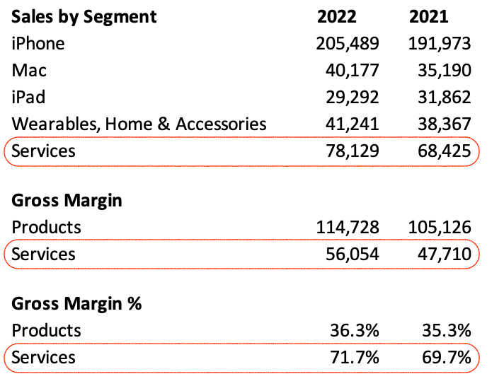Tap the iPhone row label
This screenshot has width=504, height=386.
(x=38, y=44)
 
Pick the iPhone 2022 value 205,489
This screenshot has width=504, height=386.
(x=347, y=44)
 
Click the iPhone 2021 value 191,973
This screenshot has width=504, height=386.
(x=439, y=44)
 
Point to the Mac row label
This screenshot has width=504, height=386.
(x=29, y=71)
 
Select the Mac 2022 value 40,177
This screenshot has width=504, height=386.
(x=352, y=71)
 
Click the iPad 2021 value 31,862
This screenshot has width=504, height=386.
(x=444, y=98)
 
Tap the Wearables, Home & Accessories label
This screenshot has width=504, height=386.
(x=139, y=124)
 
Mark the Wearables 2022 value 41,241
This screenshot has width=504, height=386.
(x=352, y=124)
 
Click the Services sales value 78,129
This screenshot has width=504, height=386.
(x=352, y=151)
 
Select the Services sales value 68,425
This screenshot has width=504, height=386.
(x=444, y=151)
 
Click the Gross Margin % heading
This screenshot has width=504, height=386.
(x=76, y=304)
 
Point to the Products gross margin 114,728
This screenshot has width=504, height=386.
(x=347, y=228)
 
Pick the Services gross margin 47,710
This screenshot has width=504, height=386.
(x=444, y=255)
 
